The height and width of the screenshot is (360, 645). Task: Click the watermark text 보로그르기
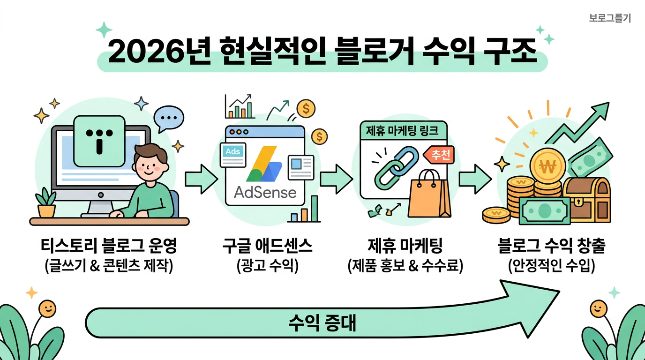pos(610,18)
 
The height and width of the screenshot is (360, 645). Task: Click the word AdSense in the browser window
pos(265,192)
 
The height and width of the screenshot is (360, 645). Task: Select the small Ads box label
pos(233,152)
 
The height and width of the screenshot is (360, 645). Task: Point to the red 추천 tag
pos(439,156)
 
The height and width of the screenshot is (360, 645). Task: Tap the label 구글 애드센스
pos(268,247)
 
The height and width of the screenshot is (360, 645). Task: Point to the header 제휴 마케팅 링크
pos(403,131)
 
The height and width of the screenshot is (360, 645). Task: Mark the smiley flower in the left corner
pos(46,308)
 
